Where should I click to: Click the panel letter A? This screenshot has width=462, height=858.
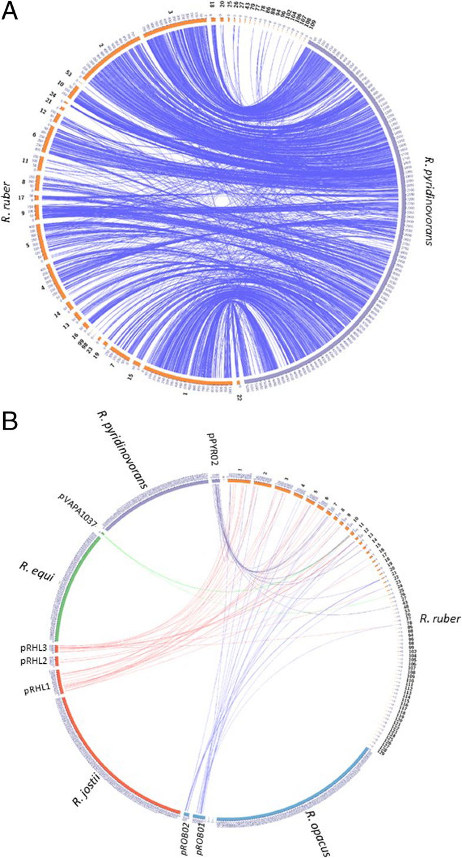(12, 12)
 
